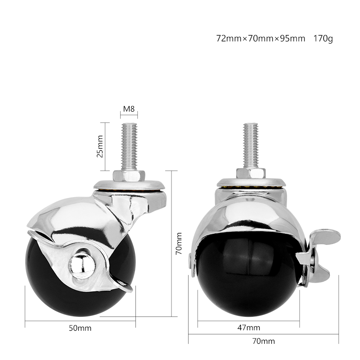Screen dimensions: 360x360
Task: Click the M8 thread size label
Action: pos(129,109)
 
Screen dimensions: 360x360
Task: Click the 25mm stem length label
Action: pos(100,146)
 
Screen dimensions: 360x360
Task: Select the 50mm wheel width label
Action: pos(80,328)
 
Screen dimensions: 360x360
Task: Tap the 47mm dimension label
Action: pos(248,327)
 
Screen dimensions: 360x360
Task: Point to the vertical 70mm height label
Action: pos(179,243)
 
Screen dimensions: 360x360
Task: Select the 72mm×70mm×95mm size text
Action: pos(261,39)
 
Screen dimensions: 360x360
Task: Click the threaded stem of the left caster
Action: pos(129,146)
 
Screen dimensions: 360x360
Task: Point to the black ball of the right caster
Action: pos(247,279)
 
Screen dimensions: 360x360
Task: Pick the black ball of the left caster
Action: pos(49,279)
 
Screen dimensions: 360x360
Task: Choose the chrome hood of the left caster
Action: pos(72,220)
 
